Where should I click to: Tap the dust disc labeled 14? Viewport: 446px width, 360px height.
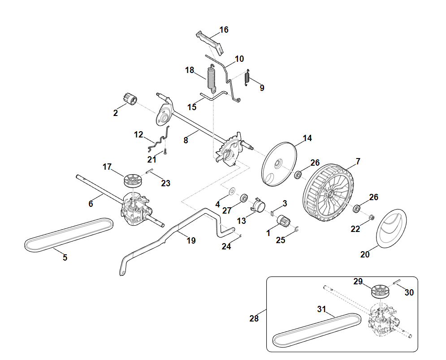tap(279, 164)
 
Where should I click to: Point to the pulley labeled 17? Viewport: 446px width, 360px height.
tap(133, 181)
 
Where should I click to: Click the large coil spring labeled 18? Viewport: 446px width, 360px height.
tap(212, 77)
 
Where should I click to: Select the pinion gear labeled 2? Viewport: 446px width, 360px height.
tap(132, 99)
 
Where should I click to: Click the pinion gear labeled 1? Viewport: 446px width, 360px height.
tap(283, 221)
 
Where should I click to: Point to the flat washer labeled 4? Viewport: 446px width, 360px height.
tap(231, 191)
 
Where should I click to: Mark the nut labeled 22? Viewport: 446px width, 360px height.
tap(372, 218)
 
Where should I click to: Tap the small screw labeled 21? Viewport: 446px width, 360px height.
tap(165, 152)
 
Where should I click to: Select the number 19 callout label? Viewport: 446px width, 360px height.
tap(191, 241)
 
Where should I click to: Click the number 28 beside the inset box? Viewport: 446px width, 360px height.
tap(254, 319)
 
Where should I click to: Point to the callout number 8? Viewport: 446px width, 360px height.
tap(186, 140)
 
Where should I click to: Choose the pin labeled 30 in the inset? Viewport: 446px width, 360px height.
tap(397, 282)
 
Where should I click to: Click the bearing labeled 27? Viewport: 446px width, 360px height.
tap(245, 197)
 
